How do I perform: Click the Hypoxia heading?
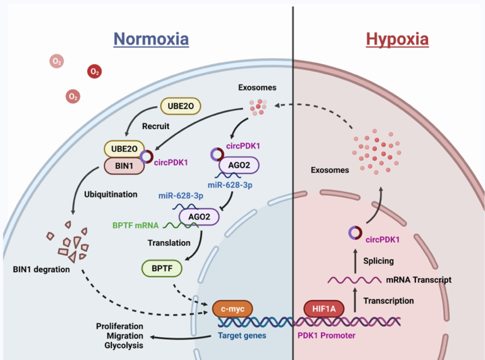tap(397, 39)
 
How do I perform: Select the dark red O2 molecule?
tap(95, 71)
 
